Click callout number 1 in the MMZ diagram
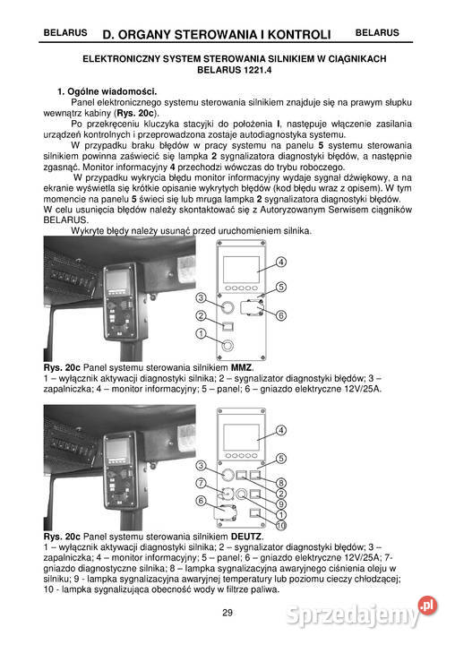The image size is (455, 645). [202, 333]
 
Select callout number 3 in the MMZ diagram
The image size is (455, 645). [202, 297]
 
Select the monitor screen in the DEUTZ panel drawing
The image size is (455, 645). [242, 436]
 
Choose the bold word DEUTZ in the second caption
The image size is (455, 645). [246, 536]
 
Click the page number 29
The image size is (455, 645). [227, 613]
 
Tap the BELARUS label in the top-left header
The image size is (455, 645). [65, 33]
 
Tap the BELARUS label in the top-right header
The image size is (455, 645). [377, 33]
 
